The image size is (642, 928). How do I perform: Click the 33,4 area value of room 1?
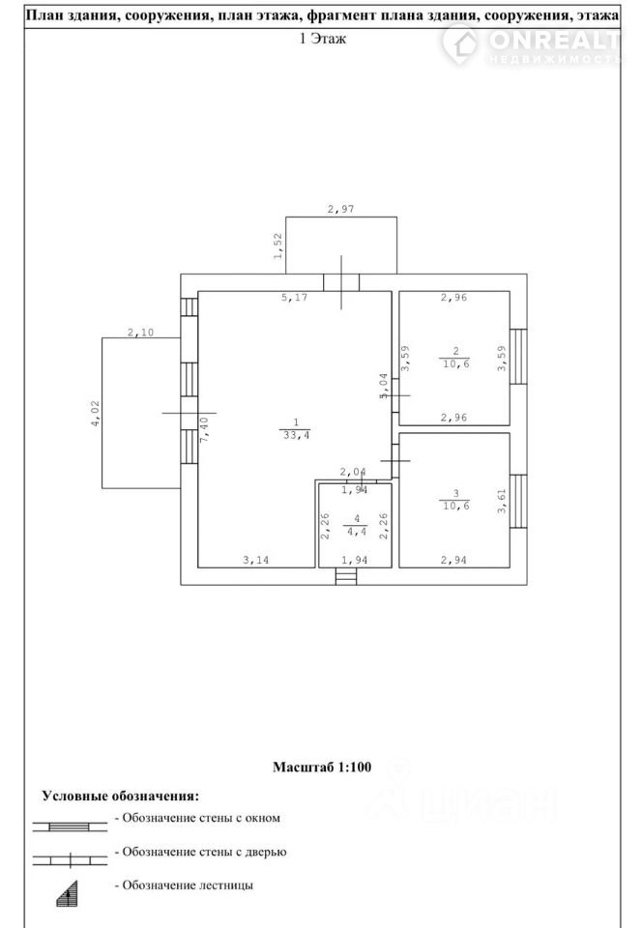(296, 435)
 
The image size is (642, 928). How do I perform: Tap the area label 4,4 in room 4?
(356, 532)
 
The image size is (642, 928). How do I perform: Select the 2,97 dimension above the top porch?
(341, 209)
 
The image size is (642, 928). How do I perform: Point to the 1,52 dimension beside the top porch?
(278, 246)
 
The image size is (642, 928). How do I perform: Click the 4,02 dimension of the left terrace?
(96, 413)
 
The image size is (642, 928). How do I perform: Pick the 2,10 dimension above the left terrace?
(140, 333)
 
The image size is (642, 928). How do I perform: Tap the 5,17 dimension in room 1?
(294, 297)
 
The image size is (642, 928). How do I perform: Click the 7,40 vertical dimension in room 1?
(204, 429)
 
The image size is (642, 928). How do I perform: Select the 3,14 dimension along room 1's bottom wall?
(255, 560)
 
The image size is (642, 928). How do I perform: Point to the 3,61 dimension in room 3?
(502, 500)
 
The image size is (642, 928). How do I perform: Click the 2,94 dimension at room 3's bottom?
(453, 560)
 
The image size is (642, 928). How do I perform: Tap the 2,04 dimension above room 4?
(353, 473)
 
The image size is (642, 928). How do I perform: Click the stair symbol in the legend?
(68, 893)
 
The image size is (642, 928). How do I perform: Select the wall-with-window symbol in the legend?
(70, 826)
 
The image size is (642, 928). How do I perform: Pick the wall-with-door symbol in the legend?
(70, 860)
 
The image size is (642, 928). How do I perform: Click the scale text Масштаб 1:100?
(322, 767)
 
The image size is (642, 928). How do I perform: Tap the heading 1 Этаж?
(323, 39)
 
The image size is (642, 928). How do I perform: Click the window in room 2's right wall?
(518, 357)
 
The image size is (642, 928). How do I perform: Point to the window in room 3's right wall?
(518, 501)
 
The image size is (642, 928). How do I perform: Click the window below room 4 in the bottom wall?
(346, 576)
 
